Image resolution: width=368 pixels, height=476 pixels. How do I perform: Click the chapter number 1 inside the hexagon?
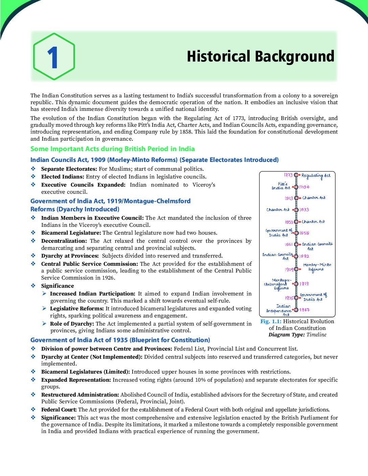pos(53,58)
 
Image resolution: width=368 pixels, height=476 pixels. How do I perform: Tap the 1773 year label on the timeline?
pos(288,175)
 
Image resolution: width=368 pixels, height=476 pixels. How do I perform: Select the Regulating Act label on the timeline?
pos(316,175)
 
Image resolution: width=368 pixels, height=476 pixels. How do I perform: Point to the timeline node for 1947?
pos(296,310)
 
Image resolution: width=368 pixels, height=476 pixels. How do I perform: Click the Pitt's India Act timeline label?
pos(281,186)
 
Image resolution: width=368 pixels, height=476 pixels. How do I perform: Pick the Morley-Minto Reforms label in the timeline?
pos(317,267)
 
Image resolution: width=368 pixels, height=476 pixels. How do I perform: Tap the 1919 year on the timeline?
pos(304,284)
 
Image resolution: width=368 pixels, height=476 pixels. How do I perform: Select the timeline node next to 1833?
pos(296,210)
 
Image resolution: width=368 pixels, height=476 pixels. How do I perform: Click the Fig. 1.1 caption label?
pos(271,322)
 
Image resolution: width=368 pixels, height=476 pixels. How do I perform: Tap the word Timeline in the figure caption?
pos(316,335)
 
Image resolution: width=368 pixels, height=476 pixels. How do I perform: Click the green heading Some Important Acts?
pos(112,149)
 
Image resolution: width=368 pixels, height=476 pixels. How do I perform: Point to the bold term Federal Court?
pos(59,410)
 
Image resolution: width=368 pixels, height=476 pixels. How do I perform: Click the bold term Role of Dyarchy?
pos(72,324)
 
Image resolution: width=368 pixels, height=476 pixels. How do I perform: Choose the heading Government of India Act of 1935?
pos(120,340)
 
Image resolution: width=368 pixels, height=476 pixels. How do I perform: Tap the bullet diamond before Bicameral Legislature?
pos(33,233)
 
